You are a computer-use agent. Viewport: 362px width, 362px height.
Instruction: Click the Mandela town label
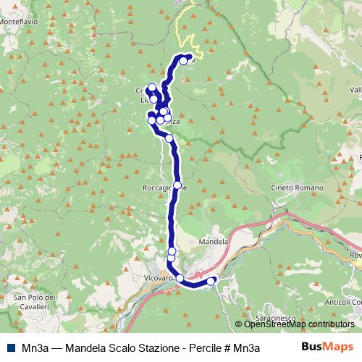tap(213, 242)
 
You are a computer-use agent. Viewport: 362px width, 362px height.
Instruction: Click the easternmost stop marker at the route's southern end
tap(211, 282)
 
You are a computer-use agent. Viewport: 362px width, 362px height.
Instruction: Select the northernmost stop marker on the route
tap(183, 61)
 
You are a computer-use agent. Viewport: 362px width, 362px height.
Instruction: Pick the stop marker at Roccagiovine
tap(177, 185)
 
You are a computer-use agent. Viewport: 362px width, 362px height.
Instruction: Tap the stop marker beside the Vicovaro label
tap(180, 277)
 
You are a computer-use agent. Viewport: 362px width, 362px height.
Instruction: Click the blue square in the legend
tap(9, 347)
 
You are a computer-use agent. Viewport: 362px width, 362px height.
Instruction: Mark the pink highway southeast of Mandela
tap(246, 243)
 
